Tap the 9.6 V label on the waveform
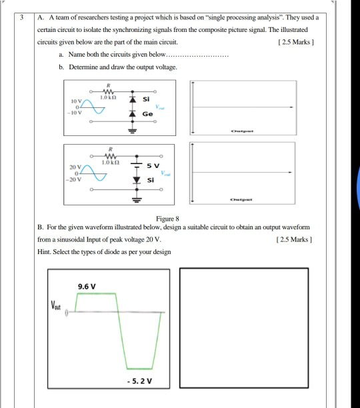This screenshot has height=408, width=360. click(x=87, y=286)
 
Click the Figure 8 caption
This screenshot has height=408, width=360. click(x=171, y=217)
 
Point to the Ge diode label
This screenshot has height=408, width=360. click(x=147, y=114)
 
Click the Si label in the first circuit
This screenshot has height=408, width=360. click(x=147, y=99)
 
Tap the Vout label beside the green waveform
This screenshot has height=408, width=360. click(x=57, y=307)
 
